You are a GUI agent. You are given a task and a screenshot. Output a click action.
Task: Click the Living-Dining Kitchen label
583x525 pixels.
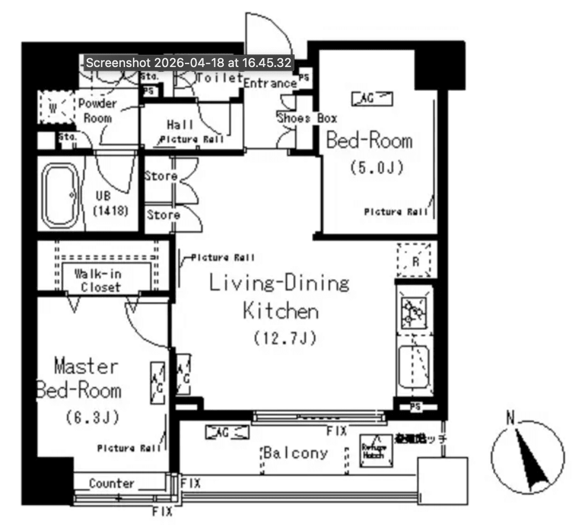click(280, 297)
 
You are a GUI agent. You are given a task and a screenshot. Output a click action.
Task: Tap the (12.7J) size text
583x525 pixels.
click(284, 338)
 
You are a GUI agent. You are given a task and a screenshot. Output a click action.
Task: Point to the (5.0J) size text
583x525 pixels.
click(376, 168)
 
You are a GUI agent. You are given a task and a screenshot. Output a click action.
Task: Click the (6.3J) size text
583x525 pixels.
click(92, 417)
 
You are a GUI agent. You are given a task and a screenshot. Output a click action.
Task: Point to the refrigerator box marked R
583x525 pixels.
click(414, 260)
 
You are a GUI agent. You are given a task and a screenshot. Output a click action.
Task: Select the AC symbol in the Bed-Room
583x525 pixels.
click(372, 98)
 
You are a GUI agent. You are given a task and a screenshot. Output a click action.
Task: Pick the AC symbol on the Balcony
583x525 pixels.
click(227, 432)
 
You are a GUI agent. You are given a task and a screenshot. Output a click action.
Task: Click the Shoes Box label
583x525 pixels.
click(307, 118)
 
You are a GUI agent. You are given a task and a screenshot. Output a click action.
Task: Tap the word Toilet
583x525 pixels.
click(219, 78)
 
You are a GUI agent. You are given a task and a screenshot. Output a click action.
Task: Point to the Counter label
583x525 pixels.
click(111, 483)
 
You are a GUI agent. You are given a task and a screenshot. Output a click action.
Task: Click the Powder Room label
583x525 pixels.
click(97, 110)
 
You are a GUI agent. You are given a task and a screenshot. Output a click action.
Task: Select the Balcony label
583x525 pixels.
click(295, 453)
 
